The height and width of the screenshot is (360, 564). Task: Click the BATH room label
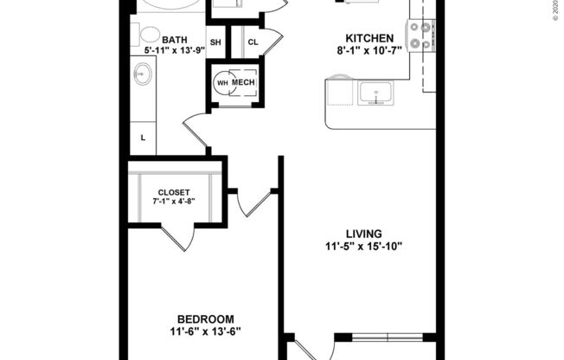pos(175,39)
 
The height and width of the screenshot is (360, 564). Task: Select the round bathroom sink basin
pos(141,75)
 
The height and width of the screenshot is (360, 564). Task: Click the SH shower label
pos(215,42)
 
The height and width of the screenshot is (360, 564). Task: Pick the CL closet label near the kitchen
pos(253,42)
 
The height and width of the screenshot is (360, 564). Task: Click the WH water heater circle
pos(222,83)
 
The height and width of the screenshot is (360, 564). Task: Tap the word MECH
pos(244,83)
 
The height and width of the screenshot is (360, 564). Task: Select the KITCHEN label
pos(369,39)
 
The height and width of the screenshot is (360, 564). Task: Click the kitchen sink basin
pos(375,91)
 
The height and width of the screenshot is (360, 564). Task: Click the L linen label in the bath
pos(143,137)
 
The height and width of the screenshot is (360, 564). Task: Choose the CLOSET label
pos(174,192)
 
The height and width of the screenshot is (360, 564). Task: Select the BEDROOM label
pos(204,318)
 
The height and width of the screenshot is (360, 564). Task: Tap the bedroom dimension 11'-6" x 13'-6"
pos(204,331)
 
